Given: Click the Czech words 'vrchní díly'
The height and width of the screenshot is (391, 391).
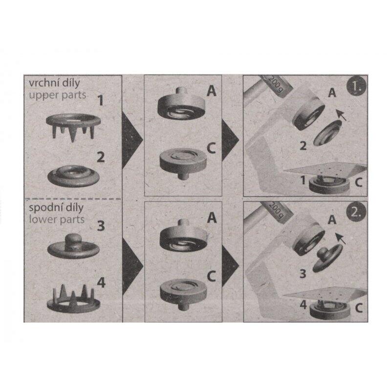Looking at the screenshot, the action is [54, 84].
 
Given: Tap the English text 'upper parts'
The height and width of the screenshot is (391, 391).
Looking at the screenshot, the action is [58, 95].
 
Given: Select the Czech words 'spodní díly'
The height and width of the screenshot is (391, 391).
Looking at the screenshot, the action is [56, 208].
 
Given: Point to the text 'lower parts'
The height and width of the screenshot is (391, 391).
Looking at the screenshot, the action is [57, 219].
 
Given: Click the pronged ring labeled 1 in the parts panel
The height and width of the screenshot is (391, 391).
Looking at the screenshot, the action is [73, 127].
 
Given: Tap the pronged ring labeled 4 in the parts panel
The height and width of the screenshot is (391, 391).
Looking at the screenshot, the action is [73, 299].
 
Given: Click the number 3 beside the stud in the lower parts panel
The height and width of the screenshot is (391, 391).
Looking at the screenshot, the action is [101, 226].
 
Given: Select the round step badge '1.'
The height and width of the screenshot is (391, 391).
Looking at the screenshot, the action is [356, 86].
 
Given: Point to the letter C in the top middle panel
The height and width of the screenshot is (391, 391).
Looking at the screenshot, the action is [212, 149].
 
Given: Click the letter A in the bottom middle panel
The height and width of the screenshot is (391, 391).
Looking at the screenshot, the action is [212, 217].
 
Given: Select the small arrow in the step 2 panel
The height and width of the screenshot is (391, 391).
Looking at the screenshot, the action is [341, 239].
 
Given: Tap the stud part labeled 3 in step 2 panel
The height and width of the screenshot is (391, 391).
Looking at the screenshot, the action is [327, 258].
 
